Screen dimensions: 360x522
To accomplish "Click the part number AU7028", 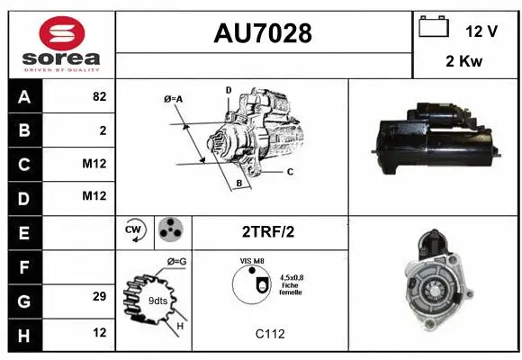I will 263,33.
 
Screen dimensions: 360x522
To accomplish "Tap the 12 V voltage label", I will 481,31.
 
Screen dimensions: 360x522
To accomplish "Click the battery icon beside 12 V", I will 434,28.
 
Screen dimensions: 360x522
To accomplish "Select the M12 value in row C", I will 94,164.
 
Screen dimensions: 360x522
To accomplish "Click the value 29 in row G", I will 99,296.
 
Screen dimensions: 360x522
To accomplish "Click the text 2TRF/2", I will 267,231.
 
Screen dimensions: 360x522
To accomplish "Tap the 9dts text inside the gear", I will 156,300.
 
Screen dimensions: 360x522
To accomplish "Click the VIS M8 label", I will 253,261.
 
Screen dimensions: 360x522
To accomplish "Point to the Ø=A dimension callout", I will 174,98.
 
